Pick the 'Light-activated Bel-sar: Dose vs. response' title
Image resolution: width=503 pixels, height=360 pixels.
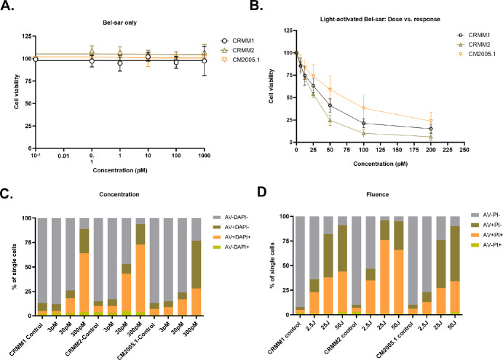click(x=379, y=23)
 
